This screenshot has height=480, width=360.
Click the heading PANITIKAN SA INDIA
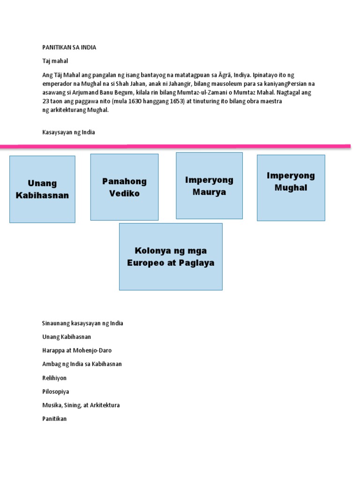tap(69, 48)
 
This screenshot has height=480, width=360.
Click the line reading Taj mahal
tap(55, 61)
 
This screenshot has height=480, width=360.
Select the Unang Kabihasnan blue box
tap(42, 189)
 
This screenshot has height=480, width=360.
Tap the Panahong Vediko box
tap(124, 187)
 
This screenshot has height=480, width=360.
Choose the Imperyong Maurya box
tap(209, 186)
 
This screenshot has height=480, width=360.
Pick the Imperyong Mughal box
tap(291, 187)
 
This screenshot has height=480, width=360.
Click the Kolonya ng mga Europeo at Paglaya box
tap(171, 256)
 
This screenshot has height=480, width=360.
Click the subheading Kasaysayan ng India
tap(68, 132)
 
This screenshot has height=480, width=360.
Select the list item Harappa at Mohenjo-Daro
tap(77, 350)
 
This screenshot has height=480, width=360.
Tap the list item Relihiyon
tap(54, 378)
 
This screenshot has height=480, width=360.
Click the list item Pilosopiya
tap(55, 391)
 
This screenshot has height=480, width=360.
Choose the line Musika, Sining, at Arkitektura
tap(81, 405)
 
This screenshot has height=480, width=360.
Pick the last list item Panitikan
tap(54, 419)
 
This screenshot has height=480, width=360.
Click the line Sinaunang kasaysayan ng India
tap(82, 323)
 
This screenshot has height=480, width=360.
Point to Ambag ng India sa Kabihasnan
tap(82, 364)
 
